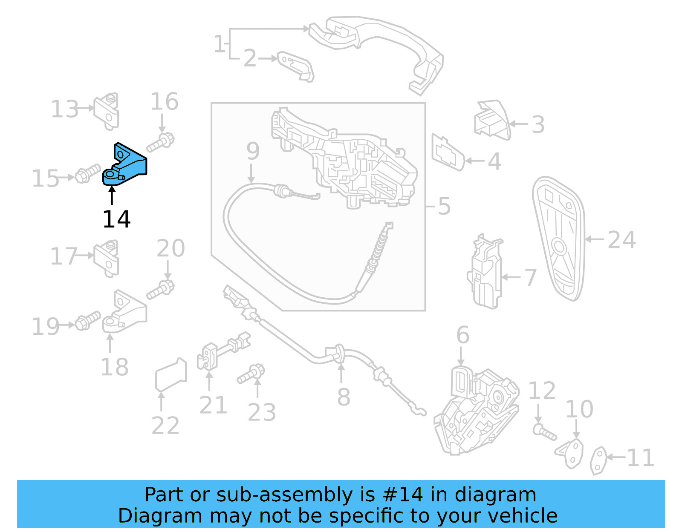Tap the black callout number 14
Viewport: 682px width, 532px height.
coord(116,220)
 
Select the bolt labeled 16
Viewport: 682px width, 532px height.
coord(161,142)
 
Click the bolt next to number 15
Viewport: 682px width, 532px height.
coord(87,174)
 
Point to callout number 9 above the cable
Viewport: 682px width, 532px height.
coord(253,151)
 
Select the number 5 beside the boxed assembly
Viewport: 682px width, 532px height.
coord(444,206)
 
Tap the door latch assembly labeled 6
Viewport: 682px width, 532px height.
coord(477,409)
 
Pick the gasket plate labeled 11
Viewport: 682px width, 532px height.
coord(598,460)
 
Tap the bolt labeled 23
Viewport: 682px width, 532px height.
coord(251,374)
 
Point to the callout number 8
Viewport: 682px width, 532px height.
coord(344,398)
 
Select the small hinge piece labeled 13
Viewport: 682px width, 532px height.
coord(107,111)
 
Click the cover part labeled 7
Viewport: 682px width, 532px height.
coord(486,273)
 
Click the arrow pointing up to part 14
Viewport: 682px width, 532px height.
coord(112,196)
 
